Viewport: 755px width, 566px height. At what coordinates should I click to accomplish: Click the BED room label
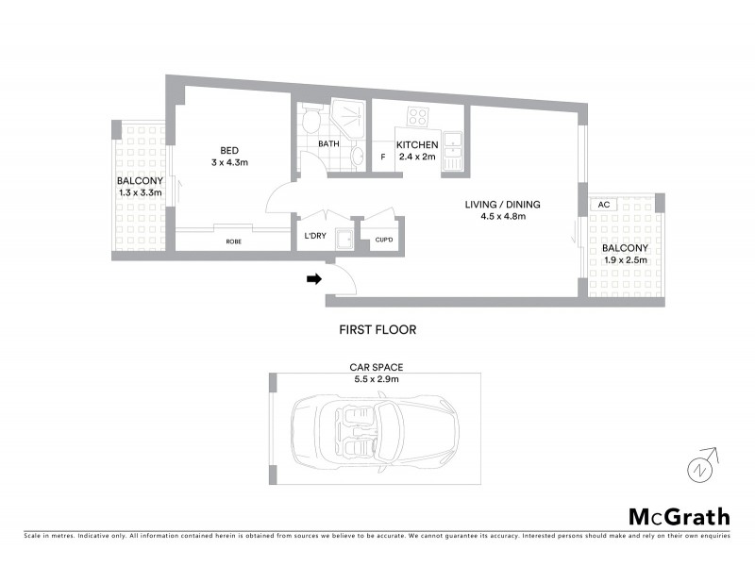click(229, 150)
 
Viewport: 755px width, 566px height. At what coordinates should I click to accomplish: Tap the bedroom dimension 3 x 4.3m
click(229, 162)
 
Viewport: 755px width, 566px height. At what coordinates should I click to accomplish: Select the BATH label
click(328, 144)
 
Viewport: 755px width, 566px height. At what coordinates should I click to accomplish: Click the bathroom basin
click(357, 156)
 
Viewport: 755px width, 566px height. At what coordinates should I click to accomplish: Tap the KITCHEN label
click(416, 144)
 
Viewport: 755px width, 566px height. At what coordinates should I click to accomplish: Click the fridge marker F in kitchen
click(382, 158)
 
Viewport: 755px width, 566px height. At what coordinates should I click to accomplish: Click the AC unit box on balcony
click(603, 205)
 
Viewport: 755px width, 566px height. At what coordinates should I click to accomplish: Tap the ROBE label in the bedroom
click(232, 241)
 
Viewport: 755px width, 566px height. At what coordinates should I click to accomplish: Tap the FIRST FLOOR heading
click(377, 330)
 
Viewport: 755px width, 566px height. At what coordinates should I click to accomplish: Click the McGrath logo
click(679, 516)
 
